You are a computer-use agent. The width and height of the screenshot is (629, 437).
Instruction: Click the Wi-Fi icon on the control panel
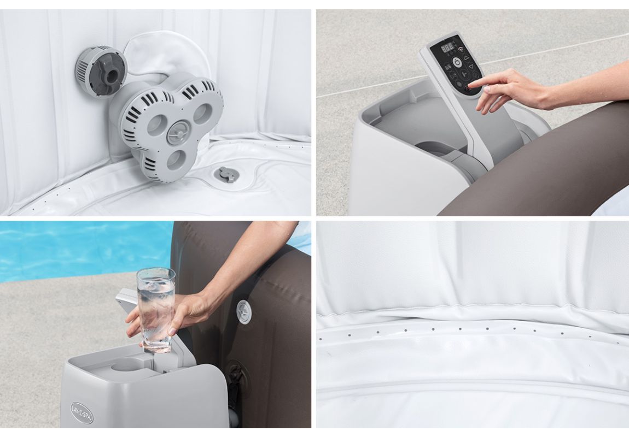461,49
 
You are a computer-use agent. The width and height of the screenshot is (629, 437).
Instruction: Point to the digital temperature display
447,48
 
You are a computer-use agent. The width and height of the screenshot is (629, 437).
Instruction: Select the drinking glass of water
155,309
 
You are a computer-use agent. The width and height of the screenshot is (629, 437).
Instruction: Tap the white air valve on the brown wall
244,311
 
